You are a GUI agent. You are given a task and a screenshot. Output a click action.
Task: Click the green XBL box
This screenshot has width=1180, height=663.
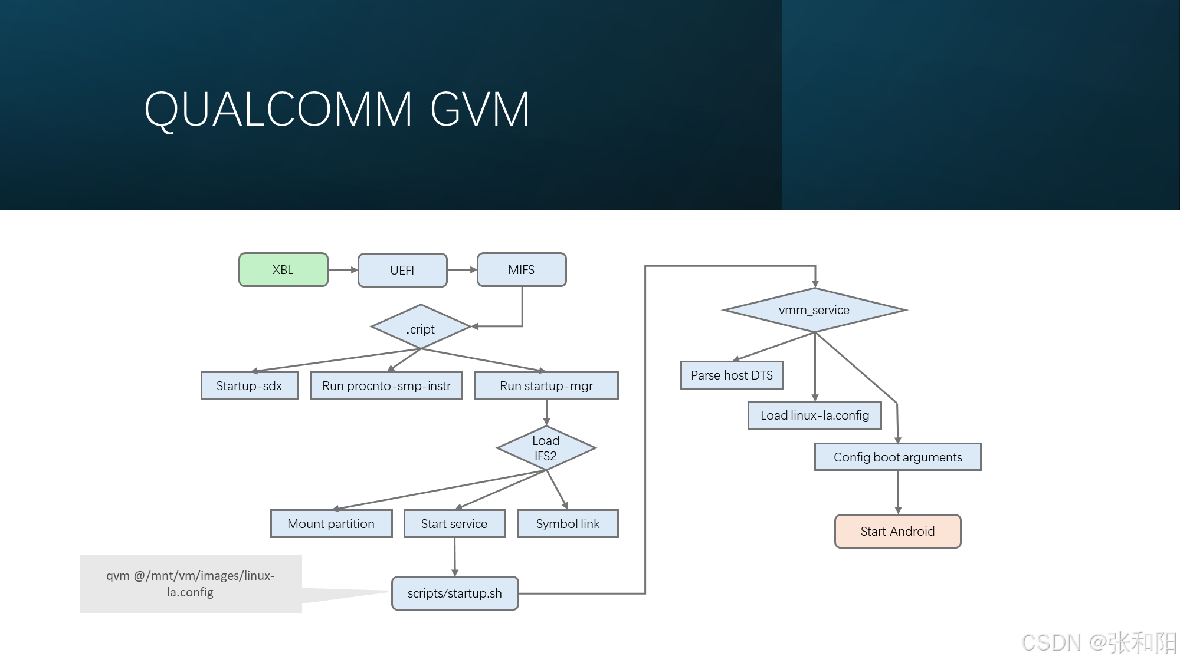[283, 270]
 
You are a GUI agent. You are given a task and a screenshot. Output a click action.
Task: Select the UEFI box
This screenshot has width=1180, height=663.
[402, 271]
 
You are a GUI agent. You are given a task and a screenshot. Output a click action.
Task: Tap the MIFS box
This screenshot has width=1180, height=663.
[522, 270]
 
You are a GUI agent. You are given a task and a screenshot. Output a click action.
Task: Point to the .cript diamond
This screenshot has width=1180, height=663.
[421, 328]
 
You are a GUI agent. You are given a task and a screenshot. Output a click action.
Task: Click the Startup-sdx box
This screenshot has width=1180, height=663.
[249, 386]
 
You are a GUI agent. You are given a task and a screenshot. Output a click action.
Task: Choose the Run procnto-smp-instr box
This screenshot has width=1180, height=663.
[386, 386]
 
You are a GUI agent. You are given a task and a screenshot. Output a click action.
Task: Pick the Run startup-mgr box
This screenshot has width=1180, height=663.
[546, 386]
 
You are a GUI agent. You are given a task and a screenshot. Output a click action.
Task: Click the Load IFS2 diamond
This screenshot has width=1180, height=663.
[546, 448]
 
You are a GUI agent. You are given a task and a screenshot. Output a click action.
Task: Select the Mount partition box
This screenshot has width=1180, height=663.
[331, 524]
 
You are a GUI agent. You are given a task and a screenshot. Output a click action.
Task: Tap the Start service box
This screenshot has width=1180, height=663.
[454, 524]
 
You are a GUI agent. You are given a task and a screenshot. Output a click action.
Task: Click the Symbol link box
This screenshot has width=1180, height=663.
[568, 524]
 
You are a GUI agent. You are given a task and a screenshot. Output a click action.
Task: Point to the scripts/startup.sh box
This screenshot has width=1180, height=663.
[455, 593]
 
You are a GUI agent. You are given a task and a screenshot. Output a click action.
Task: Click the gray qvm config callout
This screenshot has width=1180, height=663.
[191, 584]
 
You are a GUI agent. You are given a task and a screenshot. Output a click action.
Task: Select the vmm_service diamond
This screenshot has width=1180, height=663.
[814, 310]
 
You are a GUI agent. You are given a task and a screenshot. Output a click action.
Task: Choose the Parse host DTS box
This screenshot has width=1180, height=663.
[732, 375]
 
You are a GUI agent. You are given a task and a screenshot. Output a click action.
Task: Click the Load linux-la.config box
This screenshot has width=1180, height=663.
[815, 415]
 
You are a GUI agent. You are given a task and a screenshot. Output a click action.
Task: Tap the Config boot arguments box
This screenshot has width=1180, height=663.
[897, 457]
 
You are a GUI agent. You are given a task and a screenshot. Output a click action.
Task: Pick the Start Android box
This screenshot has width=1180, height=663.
[897, 532]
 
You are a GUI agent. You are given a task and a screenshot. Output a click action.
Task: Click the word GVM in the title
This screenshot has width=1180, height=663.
[480, 110]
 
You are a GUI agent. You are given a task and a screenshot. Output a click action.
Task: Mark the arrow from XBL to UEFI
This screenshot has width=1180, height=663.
[343, 270]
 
